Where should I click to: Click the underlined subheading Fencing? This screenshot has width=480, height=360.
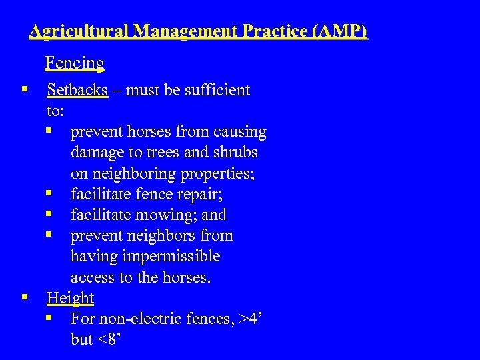(x=75, y=63)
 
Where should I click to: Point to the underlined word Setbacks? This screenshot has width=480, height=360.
(x=77, y=90)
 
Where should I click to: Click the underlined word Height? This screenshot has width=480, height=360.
(x=70, y=298)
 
